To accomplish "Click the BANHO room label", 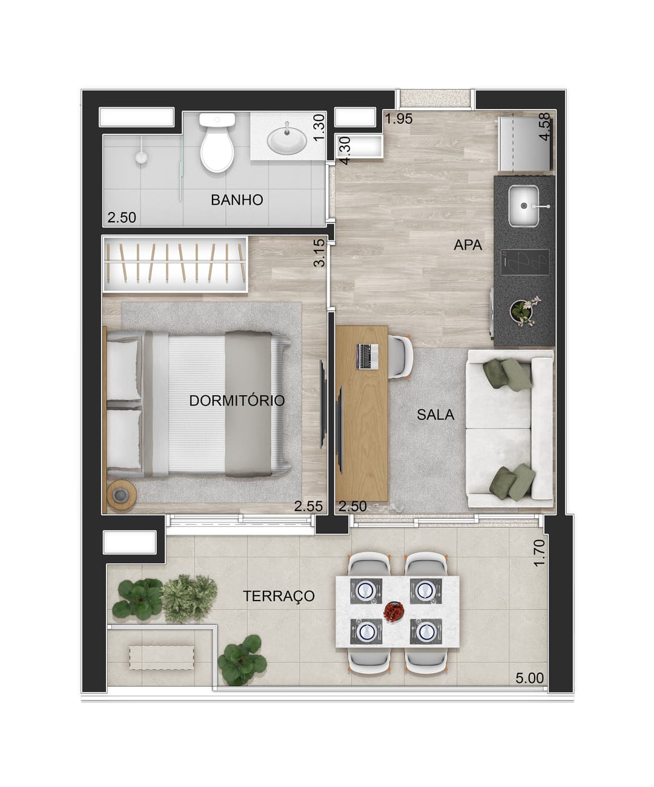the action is click(x=237, y=200).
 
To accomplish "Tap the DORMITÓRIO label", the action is click(x=237, y=401).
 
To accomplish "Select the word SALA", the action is click(x=435, y=415).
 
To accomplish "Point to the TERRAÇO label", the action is click(x=279, y=596).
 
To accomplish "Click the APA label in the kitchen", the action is click(x=467, y=245).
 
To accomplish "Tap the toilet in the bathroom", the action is click(x=217, y=143).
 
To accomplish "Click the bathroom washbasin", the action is click(x=287, y=141).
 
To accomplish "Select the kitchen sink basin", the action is click(x=524, y=206).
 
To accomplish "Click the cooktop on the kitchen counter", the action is click(x=525, y=262).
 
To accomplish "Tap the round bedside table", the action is click(x=121, y=495).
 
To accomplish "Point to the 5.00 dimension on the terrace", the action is click(x=530, y=679).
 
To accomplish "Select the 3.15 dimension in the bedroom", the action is click(x=319, y=253).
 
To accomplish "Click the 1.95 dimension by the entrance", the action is click(x=399, y=119).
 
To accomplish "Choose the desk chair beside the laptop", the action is click(x=400, y=356).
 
